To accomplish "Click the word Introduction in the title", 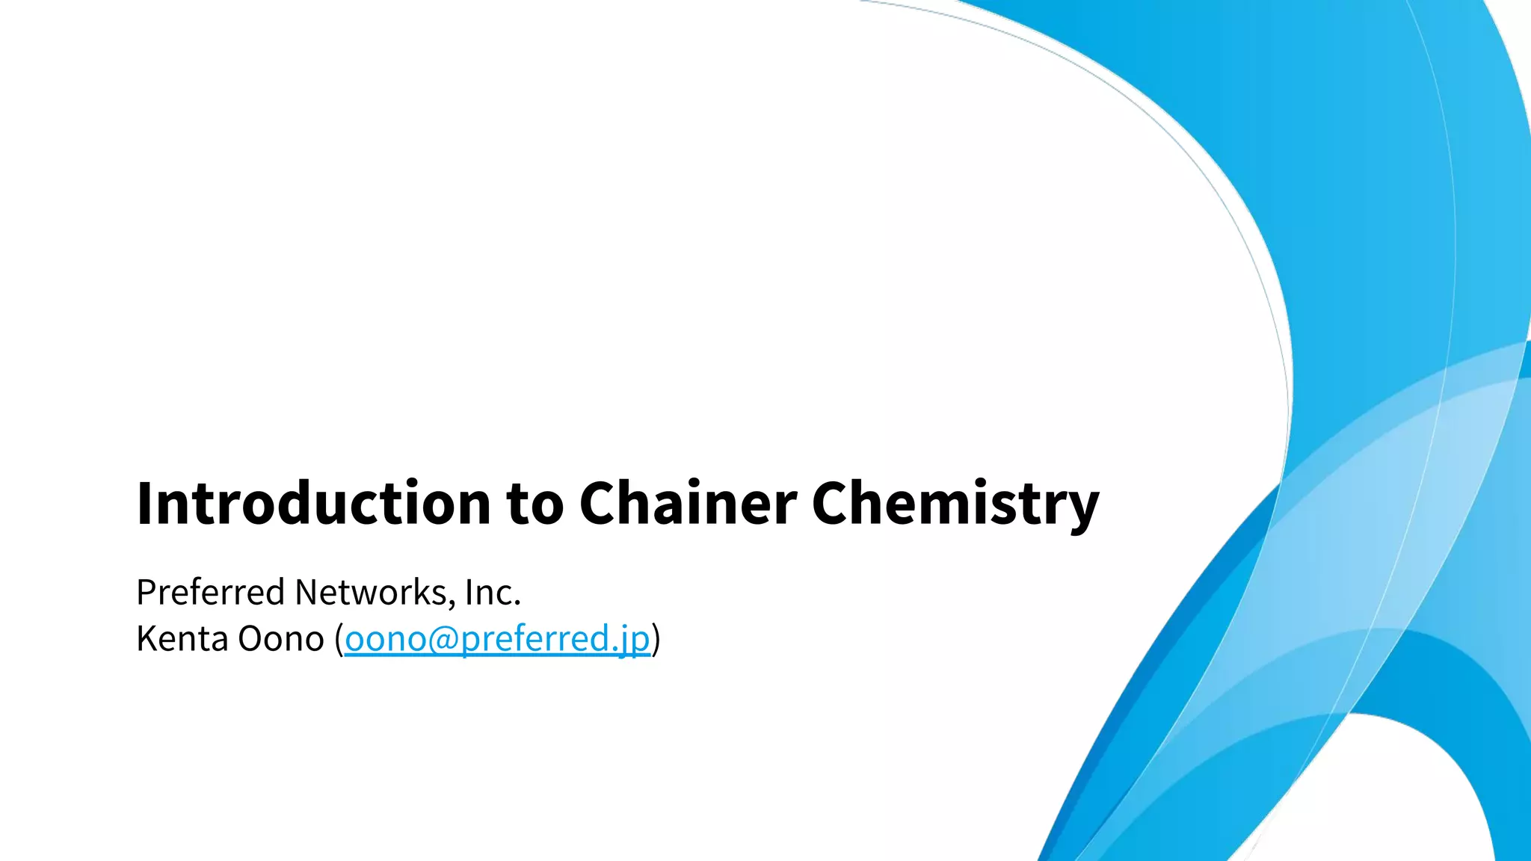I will coord(313,503).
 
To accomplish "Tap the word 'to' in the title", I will coord(535,503).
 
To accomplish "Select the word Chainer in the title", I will coord(688,503).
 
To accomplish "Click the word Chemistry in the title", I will coord(955,503).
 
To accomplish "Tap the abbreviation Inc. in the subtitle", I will coord(493,593).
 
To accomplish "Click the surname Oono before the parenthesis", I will coord(280,639).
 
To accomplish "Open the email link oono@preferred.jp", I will coord(497,639).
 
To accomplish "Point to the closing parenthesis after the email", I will coord(656,639).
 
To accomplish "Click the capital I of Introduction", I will coord(144,503).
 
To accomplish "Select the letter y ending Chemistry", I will coord(1083,508).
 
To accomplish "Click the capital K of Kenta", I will coord(145,639).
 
